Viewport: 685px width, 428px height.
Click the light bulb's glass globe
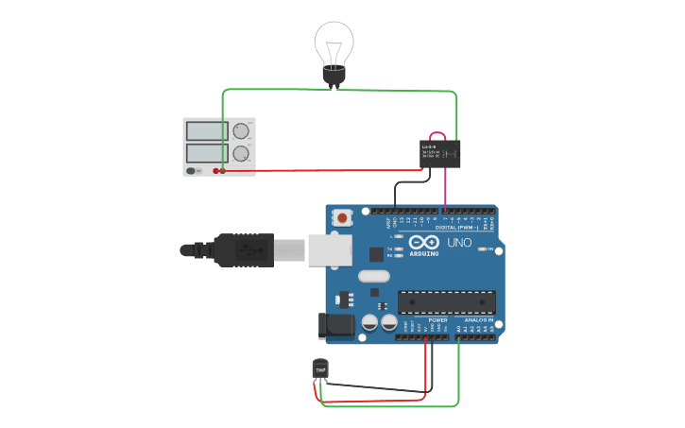[x=334, y=43]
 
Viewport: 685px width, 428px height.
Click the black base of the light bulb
[x=334, y=75]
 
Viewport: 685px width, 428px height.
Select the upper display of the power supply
[x=205, y=131]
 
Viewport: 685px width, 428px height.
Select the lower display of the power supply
[x=205, y=152]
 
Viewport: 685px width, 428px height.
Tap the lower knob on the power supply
[x=241, y=152]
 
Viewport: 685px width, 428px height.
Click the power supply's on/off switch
[x=193, y=171]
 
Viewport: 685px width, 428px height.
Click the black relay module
[x=440, y=153]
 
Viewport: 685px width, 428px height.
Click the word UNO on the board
[x=459, y=243]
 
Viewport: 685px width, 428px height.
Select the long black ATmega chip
[x=446, y=301]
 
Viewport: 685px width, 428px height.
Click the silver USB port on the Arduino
[x=330, y=249]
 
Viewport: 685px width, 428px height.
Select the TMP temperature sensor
[x=320, y=368]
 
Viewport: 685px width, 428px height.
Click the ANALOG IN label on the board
[x=477, y=320]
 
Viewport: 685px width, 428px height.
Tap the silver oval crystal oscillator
[x=373, y=277]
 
